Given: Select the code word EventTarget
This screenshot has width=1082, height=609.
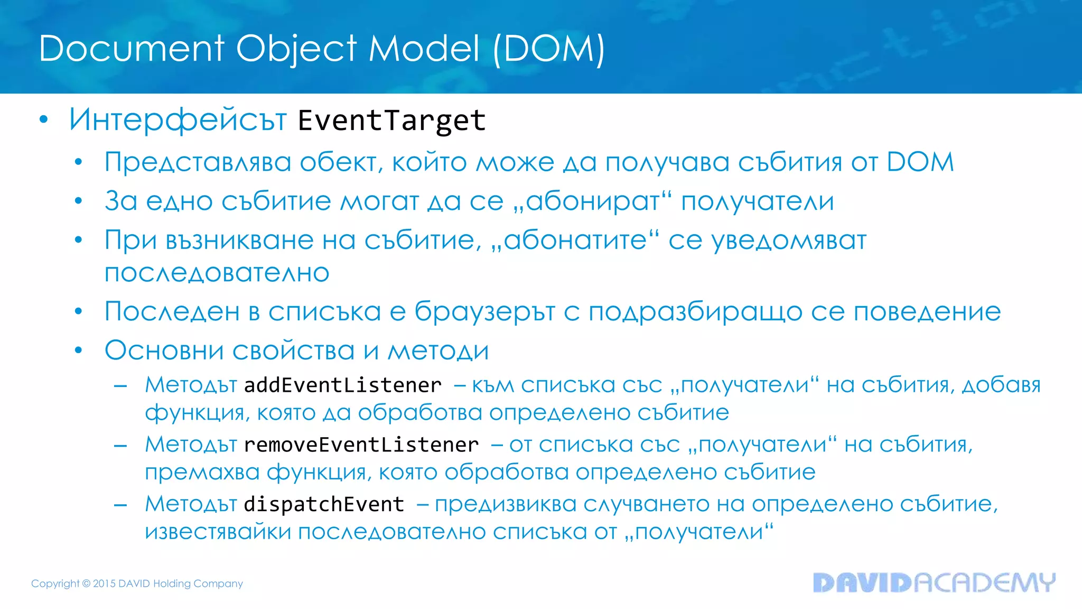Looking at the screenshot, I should click(x=391, y=121).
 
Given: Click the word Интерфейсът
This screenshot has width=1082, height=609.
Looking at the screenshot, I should click(x=178, y=119).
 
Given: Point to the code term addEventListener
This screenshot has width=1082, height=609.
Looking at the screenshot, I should click(x=343, y=385).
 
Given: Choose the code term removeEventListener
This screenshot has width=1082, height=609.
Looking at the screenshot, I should click(x=361, y=445).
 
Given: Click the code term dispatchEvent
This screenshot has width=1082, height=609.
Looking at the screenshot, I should click(x=324, y=504).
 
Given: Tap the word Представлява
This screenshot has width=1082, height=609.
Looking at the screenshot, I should click(x=198, y=162).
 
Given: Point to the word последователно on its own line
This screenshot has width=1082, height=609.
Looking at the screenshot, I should click(x=217, y=273).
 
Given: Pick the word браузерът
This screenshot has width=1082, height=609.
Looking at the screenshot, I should click(x=484, y=312).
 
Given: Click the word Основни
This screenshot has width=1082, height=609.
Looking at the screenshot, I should click(x=164, y=350).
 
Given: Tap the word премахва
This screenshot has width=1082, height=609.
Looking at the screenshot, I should click(x=202, y=472).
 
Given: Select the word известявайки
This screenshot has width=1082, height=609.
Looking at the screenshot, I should click(x=218, y=532).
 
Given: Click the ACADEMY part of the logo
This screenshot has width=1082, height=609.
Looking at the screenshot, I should click(x=984, y=583).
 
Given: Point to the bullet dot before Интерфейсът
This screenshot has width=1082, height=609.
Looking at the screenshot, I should click(x=44, y=120).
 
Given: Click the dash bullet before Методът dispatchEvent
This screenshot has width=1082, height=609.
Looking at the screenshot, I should click(x=120, y=505).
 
